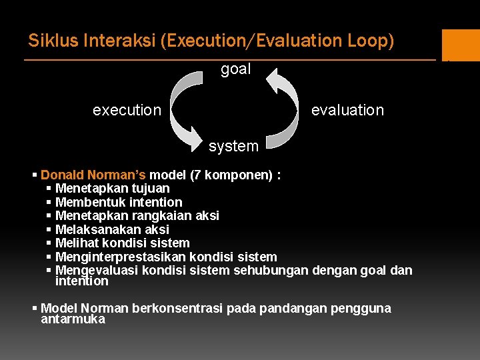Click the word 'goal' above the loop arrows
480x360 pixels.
[x=235, y=69]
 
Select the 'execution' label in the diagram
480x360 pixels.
[x=127, y=110]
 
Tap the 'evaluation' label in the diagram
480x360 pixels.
[x=347, y=110]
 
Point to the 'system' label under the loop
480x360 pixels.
[x=233, y=146]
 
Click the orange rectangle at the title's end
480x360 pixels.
[x=460, y=45]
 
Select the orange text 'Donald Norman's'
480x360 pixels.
[x=93, y=175]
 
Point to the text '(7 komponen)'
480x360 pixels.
[x=231, y=175]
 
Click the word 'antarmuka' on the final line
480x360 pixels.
[x=73, y=319]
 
